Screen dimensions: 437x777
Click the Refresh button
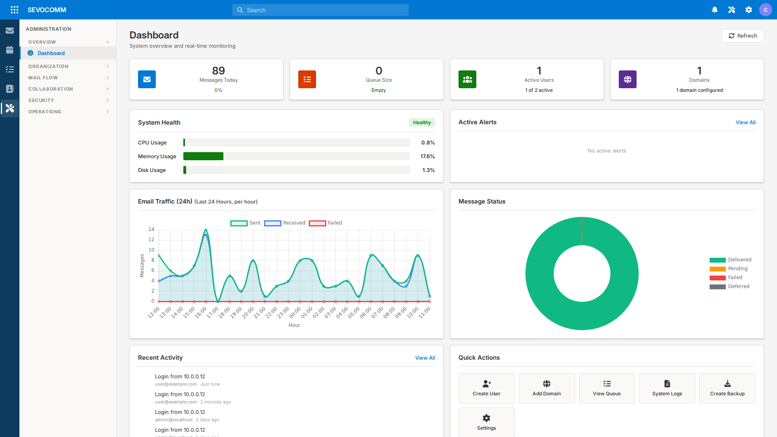point(743,36)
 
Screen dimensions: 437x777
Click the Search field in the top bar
point(320,10)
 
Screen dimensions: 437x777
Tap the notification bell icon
point(715,10)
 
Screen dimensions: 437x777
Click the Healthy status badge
point(422,123)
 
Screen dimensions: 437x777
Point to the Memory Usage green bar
point(203,156)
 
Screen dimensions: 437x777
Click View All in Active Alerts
point(745,122)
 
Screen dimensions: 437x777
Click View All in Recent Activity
point(425,358)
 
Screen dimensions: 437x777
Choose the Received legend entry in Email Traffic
point(284,223)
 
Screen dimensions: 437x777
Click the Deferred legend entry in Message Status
point(729,286)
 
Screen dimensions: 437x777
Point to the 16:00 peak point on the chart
point(206,230)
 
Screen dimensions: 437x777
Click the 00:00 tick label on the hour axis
point(295,312)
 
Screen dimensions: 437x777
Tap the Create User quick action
point(486,388)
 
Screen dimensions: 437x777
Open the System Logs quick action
point(667,388)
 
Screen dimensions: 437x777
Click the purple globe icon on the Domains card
point(627,79)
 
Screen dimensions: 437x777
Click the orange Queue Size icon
point(307,79)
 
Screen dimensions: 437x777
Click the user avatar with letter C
point(765,10)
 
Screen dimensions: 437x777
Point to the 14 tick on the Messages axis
point(151,229)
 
